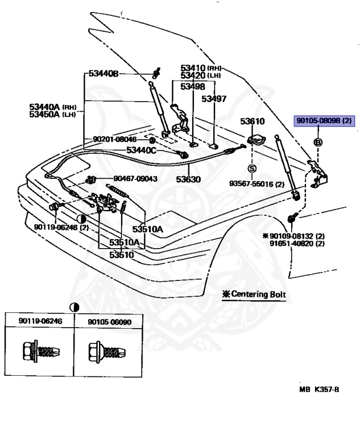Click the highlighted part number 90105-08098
click(324, 121)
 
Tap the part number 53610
click(252, 121)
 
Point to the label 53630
click(188, 178)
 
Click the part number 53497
click(214, 98)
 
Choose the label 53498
click(193, 86)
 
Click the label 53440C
click(141, 150)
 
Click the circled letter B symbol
click(318, 141)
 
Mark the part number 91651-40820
click(297, 243)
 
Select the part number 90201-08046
click(115, 139)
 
